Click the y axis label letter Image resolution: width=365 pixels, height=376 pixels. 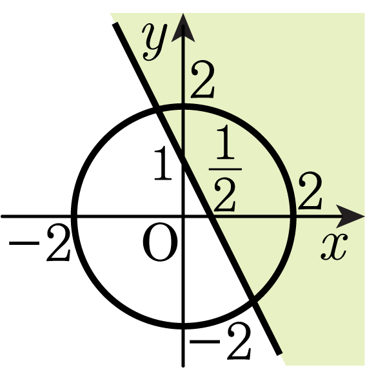154,42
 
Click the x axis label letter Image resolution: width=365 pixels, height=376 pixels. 334,247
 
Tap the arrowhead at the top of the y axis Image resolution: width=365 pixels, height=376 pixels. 183,28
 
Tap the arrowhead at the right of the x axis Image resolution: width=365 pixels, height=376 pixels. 350,216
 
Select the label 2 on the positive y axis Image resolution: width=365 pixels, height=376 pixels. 202,79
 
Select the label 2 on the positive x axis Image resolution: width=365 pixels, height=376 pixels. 310,191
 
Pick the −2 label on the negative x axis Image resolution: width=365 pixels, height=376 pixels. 39,242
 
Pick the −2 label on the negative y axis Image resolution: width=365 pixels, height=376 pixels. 220,341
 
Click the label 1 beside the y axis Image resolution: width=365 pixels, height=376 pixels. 163,163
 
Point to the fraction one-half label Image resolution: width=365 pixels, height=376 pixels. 225,169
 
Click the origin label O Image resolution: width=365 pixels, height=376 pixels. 160,242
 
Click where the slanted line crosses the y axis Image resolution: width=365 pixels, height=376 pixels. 183,160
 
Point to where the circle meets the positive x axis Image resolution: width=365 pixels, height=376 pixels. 293,216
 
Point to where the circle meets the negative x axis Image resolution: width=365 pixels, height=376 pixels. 74,216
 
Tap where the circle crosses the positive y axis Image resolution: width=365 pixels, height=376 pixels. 183,106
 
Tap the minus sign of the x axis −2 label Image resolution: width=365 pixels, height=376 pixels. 24,243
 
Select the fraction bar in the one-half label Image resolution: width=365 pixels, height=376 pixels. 225,169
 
